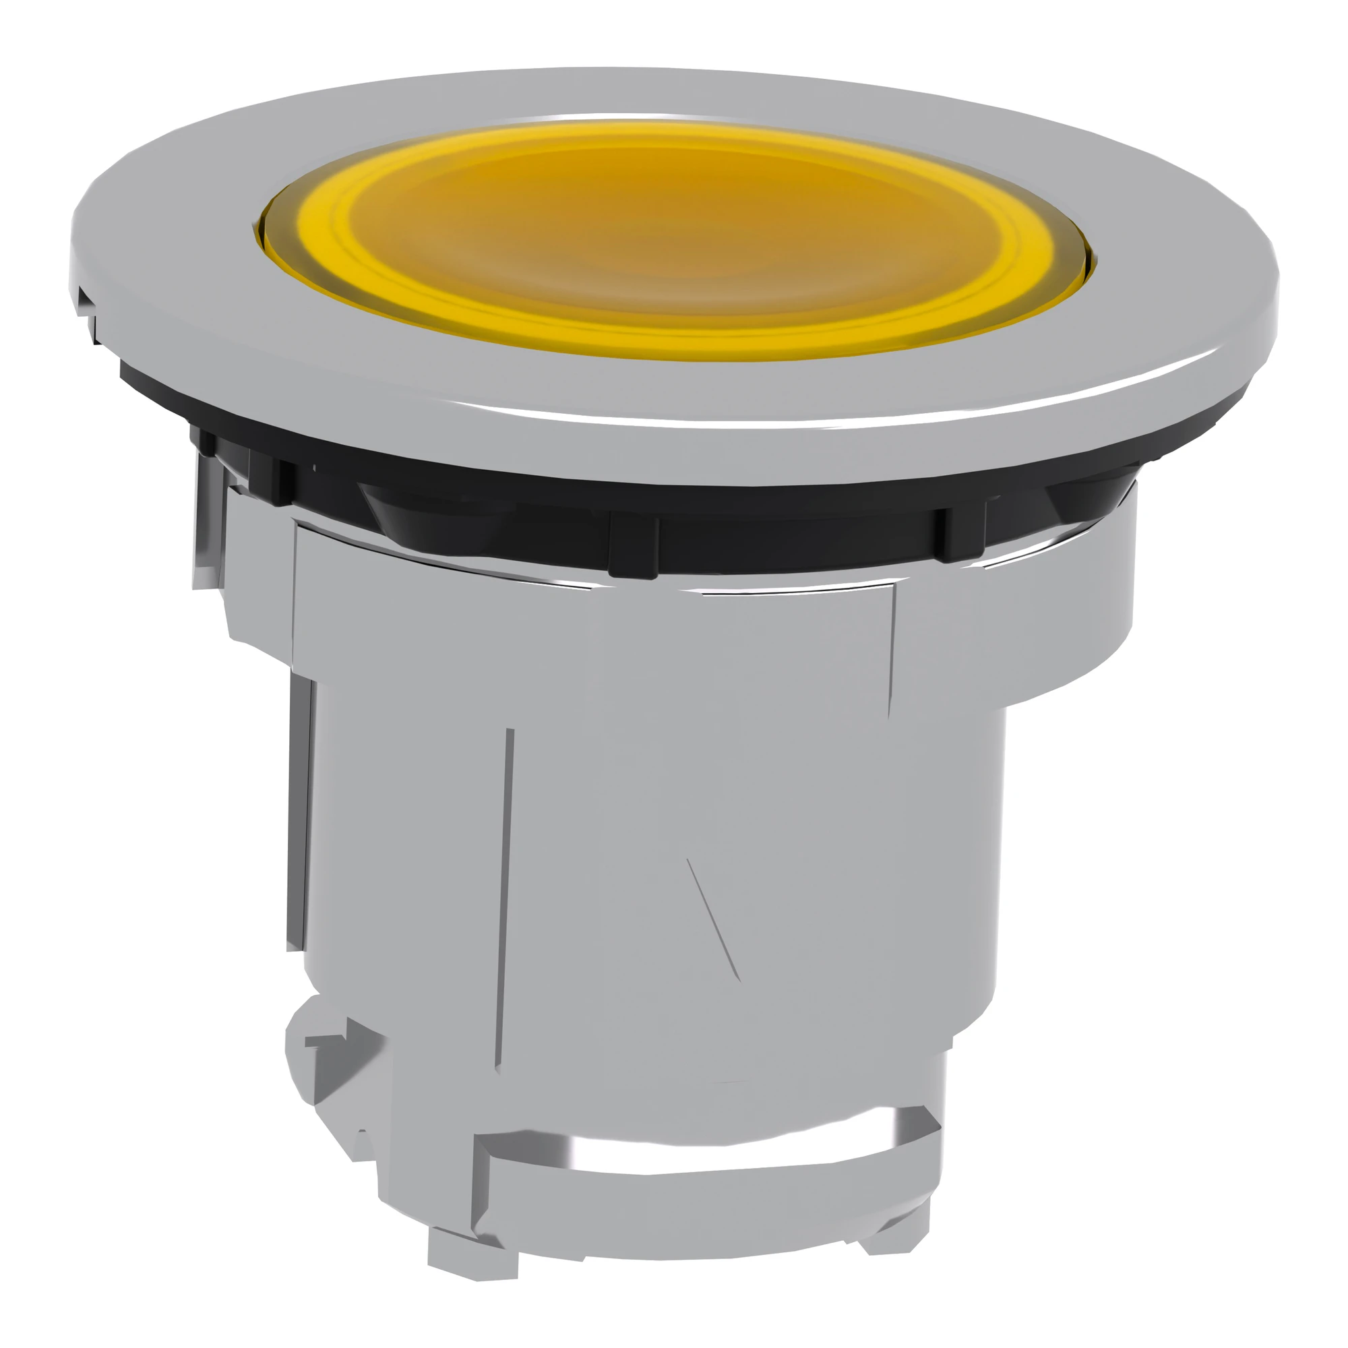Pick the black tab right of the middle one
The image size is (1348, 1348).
click(960, 534)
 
